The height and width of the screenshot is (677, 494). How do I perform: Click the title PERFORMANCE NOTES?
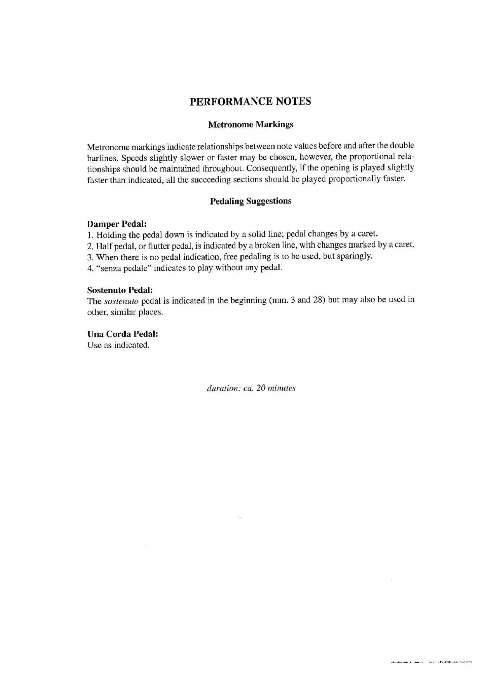250,101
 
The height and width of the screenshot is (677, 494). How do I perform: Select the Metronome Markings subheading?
250,125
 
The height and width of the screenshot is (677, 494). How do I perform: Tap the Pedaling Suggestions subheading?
250,201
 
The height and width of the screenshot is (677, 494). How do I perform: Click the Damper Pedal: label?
117,224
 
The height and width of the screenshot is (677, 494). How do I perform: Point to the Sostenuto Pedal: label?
120,290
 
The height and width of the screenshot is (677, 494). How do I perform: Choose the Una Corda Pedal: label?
123,334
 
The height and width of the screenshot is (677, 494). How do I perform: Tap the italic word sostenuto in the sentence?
121,301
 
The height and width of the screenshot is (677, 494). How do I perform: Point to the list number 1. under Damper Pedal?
90,235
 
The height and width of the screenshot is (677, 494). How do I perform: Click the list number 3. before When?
90,257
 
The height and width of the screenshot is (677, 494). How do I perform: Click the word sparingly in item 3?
355,256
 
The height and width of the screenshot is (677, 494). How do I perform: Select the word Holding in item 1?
111,235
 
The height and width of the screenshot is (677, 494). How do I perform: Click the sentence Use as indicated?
118,345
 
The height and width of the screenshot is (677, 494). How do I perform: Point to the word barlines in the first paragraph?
102,158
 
